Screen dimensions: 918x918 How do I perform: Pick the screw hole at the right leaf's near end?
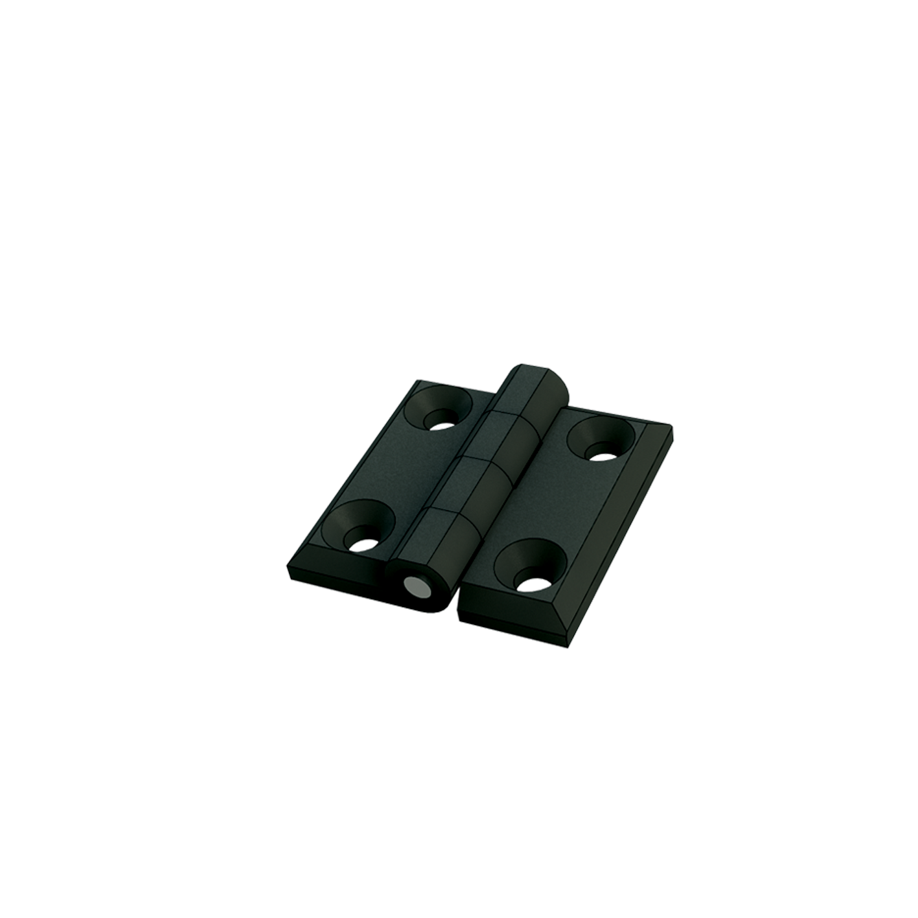point(530,566)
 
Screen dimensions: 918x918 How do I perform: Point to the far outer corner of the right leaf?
point(670,431)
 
